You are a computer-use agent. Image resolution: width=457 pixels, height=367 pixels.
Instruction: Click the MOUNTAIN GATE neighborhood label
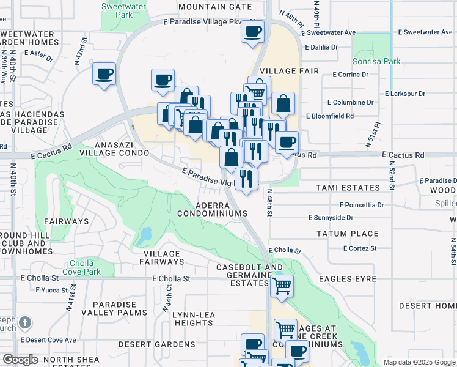coord(215,7)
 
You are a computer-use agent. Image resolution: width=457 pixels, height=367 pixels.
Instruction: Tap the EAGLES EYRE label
coord(351,278)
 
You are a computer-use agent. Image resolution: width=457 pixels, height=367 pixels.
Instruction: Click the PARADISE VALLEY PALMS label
coord(119,308)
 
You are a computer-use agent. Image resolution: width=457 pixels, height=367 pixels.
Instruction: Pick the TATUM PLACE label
coord(347,234)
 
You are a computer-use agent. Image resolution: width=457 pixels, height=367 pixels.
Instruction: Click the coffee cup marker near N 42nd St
coord(104,74)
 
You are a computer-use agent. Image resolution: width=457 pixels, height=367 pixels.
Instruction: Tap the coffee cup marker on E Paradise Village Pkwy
coord(252,31)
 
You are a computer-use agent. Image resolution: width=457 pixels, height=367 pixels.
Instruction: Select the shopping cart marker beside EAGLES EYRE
coord(282,285)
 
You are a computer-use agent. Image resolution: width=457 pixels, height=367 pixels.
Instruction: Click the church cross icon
coord(24,322)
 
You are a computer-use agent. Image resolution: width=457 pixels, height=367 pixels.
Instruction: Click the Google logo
coord(20,360)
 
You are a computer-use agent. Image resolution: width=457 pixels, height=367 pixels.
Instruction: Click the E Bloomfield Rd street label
coord(330,116)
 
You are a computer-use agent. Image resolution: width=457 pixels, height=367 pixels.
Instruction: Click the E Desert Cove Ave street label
coord(48,339)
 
